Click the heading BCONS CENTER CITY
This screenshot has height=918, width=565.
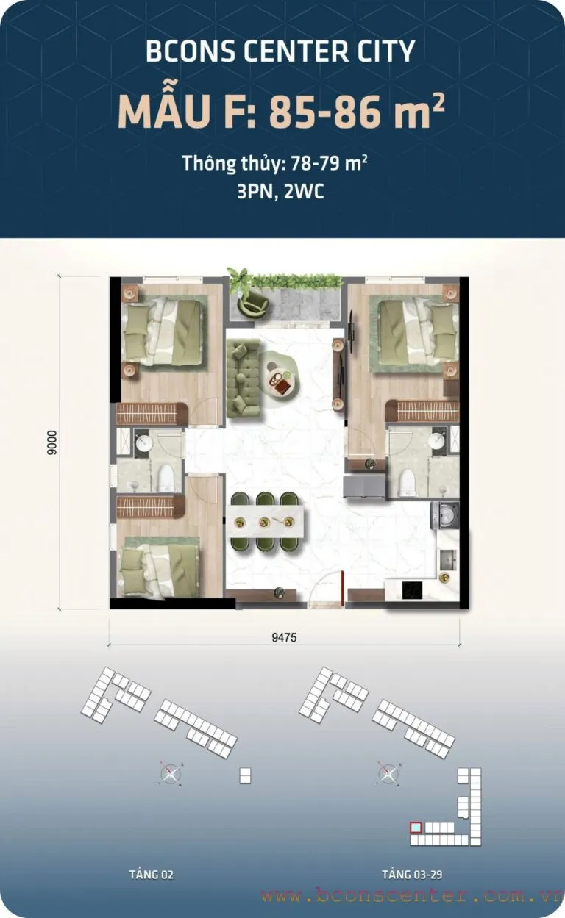pos(280,51)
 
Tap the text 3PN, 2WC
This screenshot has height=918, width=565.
pos(280,191)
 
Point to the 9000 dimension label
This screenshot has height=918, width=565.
pos(51,442)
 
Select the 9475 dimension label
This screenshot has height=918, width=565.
pos(284,636)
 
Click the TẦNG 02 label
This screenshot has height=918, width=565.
pos(152,874)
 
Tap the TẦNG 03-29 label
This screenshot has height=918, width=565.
pos(412,874)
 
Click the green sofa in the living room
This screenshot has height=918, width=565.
pos(243,378)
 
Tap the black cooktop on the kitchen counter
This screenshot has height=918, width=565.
pos(412,590)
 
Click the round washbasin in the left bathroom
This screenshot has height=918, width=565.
pos(143,442)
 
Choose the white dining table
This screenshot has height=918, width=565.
pos(266,521)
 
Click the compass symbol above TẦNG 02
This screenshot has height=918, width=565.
pos(170,773)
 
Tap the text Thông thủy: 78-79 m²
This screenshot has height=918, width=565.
pos(274,163)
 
